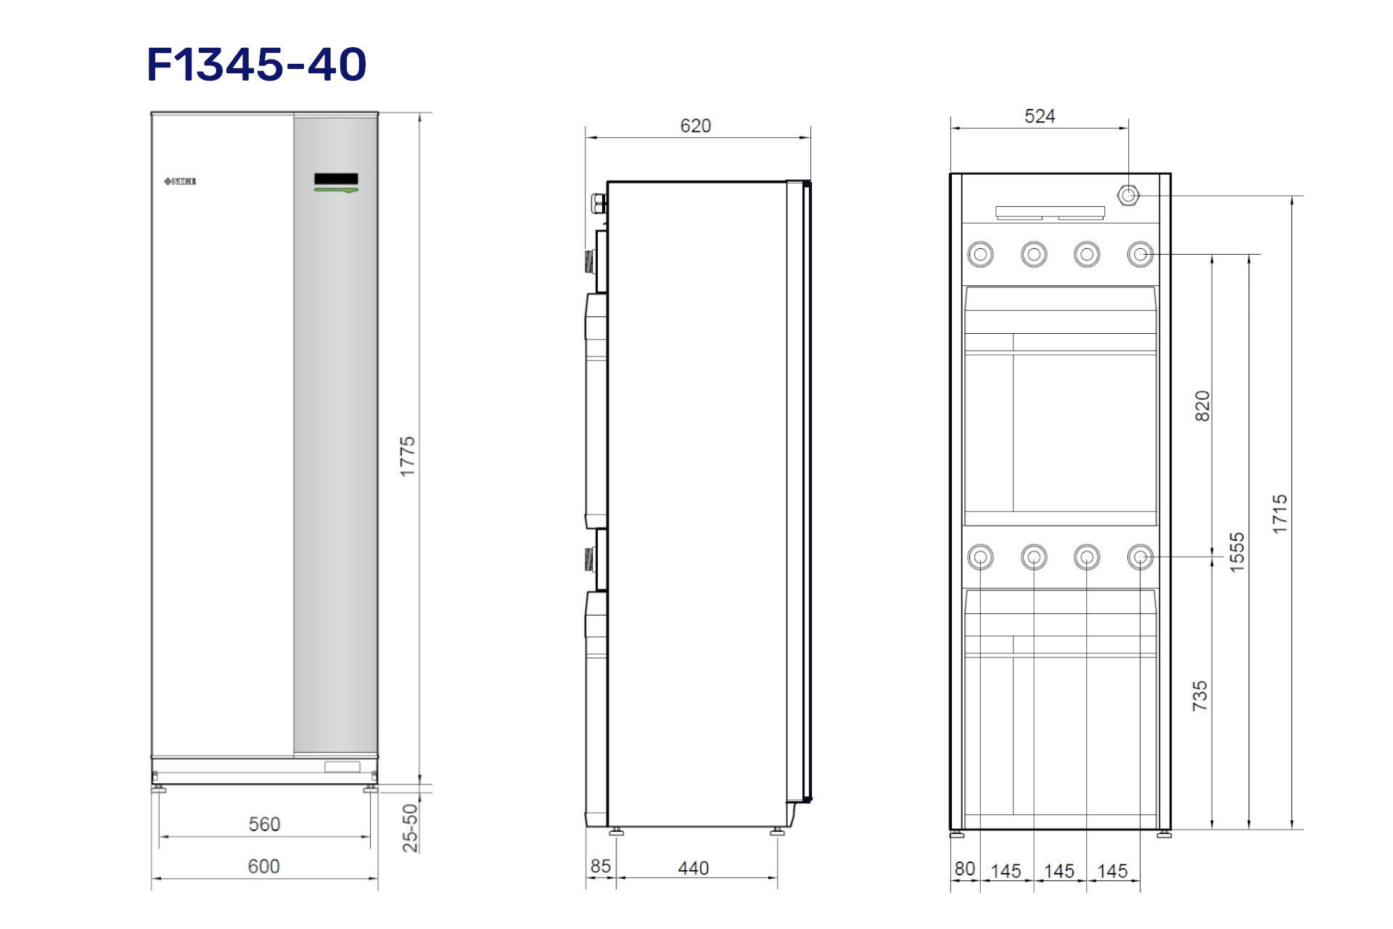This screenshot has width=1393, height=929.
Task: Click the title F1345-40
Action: click(x=257, y=64)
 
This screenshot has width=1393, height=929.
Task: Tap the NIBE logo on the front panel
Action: click(x=180, y=181)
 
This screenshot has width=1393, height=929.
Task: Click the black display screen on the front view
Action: click(x=336, y=179)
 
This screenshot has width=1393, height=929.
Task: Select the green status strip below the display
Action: click(x=336, y=190)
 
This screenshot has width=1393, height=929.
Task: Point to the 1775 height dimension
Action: click(x=408, y=457)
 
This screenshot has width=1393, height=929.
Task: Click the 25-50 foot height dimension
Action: click(x=411, y=827)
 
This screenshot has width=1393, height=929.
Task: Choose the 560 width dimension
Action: click(x=264, y=824)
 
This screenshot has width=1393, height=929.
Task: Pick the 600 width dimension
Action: click(x=264, y=867)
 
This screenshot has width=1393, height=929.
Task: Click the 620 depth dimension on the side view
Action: click(x=696, y=126)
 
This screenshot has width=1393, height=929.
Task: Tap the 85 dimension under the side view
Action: click(x=601, y=867)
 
